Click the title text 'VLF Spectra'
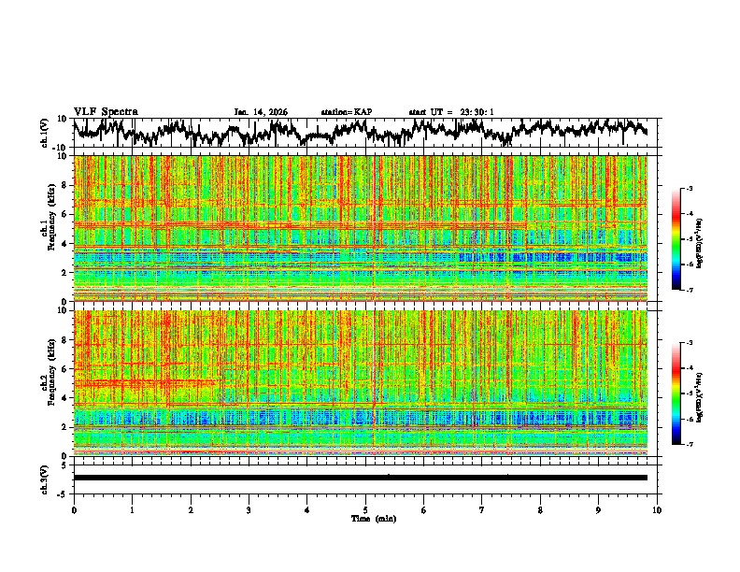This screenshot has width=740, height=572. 106,111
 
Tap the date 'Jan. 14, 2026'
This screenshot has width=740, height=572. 261,112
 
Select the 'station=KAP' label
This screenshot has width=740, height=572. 346,112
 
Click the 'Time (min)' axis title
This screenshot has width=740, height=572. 372,518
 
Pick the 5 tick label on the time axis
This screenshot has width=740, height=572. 365,509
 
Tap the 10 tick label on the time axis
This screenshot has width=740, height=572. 657,509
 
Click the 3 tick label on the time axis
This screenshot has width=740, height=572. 249,509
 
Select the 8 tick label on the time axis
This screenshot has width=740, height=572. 540,509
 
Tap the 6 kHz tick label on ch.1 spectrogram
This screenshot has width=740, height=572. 64,214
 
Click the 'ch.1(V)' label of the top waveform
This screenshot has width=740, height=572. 45,133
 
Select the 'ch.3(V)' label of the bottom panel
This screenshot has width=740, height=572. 45,477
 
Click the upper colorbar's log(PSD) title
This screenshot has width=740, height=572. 712,240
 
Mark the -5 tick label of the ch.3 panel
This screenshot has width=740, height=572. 62,493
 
